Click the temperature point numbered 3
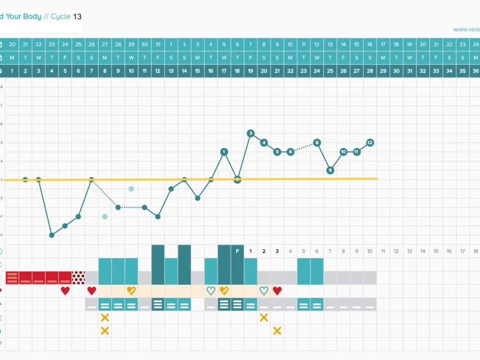[x=250, y=133]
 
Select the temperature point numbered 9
[x=330, y=170]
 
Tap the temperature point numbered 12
[x=370, y=142]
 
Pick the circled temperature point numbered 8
[x=317, y=142]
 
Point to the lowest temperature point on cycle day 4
[x=52, y=235]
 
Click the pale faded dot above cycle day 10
[x=131, y=189]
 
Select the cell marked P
[x=237, y=251]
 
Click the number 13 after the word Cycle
[x=77, y=16]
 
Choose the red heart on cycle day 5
[x=65, y=291]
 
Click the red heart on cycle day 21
[x=277, y=291]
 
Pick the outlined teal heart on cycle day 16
[x=211, y=291]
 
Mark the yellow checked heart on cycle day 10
[x=131, y=291]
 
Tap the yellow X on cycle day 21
[x=277, y=331]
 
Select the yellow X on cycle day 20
[x=264, y=317]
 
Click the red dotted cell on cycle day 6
[x=79, y=278]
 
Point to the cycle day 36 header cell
[x=476, y=70]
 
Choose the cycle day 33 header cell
[x=436, y=70]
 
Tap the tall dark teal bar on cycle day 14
[x=184, y=265]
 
